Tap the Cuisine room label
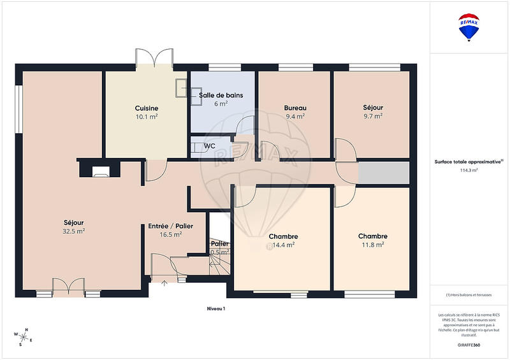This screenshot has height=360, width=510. coord(147,108)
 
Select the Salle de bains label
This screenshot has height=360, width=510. coord(221,96)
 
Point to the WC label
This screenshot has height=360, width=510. coord(209,146)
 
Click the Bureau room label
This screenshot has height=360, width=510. coord(295,108)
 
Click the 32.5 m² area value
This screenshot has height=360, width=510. coord(73,232)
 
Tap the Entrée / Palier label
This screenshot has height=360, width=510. coord(171,226)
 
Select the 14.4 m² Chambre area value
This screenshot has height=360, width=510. coord(284,245)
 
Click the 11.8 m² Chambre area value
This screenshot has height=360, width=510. coord(373,245)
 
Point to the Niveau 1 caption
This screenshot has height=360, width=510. coord(215,308)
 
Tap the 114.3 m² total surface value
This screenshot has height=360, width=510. coord(469,171)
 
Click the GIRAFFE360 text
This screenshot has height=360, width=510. coord(469,345)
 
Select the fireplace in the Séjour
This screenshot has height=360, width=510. coord(100,170)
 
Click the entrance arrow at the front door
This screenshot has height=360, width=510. coord(164,282)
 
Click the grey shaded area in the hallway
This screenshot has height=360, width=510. coord(383,173)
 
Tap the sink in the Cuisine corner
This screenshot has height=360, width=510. coord(182,87)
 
